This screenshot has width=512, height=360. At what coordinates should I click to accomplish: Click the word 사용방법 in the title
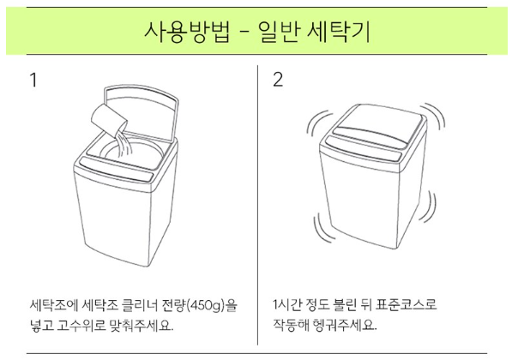187,32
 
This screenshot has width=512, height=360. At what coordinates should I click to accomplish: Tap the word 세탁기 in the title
339,32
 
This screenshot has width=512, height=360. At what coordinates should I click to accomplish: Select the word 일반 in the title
279,32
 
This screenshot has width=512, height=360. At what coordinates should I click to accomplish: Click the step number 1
33,80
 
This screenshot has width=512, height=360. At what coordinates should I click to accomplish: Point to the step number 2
278,80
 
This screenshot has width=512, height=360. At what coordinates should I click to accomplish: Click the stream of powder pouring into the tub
123,145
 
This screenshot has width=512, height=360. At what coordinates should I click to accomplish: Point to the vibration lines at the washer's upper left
318,125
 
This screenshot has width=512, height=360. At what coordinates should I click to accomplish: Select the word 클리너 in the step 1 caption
140,306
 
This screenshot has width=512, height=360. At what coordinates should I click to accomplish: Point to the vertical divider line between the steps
257,205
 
